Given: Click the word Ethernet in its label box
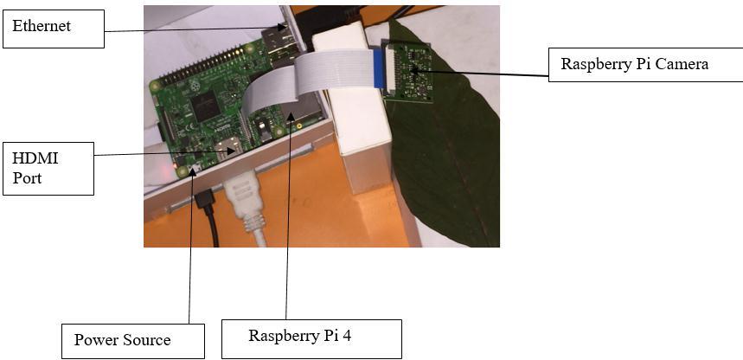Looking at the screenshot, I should pos(42,26).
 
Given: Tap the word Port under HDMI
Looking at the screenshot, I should pos(27,177).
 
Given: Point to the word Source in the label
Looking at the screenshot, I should pos(146,339).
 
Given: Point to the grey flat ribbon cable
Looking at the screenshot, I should pos(285,82).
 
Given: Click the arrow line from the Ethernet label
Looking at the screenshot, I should pos(190,29).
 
